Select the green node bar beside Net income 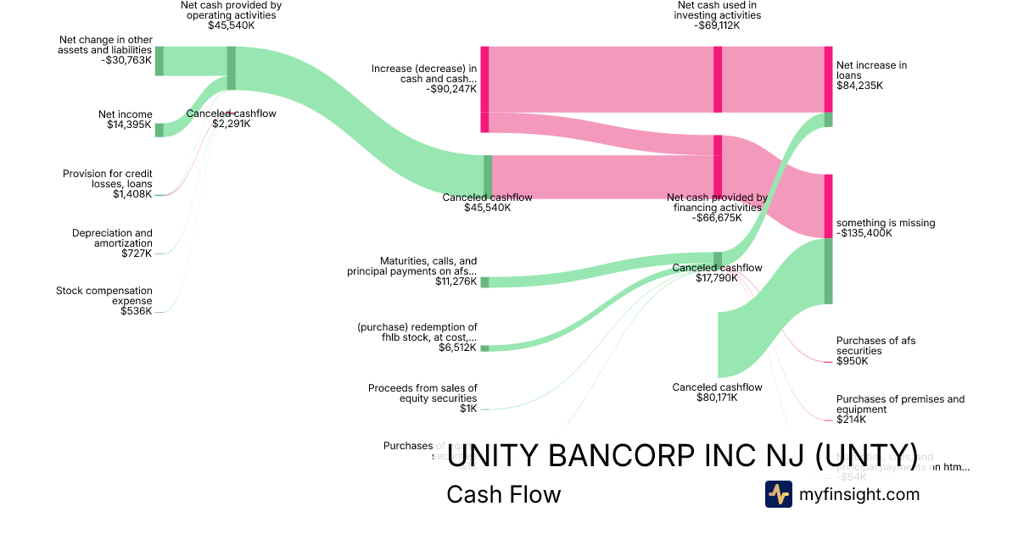[x=159, y=130]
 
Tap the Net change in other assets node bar [x=159, y=61]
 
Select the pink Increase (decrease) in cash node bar [x=484, y=89]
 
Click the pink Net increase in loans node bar [x=828, y=79]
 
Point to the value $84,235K [x=859, y=86]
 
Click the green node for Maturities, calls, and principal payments [x=485, y=282]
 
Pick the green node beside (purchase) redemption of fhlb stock [x=484, y=348]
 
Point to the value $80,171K [x=717, y=398]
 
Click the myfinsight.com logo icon [x=778, y=493]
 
